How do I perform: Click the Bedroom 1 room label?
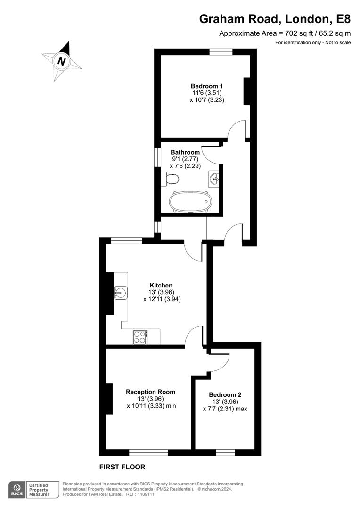click(207, 86)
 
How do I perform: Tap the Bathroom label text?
click(185, 152)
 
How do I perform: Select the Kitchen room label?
click(161, 285)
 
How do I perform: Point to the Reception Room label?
click(150, 392)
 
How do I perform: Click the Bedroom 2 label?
click(225, 395)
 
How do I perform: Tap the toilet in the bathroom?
click(171, 179)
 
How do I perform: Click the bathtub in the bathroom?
click(190, 201)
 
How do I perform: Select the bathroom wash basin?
click(214, 178)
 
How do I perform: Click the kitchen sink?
click(121, 293)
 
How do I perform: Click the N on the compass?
click(62, 61)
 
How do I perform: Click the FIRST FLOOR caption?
click(122, 467)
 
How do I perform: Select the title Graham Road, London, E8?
click(275, 19)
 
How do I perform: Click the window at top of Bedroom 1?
click(221, 52)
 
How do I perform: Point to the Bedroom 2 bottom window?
click(226, 452)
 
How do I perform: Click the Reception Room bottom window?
click(148, 452)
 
